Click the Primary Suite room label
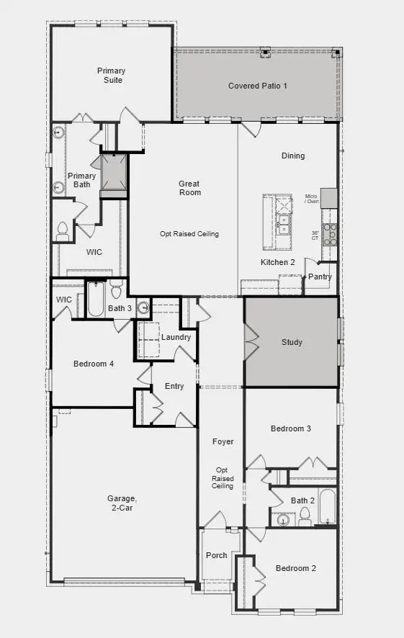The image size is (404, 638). point(111,75)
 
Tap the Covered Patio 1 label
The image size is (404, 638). point(257,86)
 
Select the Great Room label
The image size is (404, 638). point(189,188)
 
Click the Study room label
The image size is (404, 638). point(292,342)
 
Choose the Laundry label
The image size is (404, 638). point(176,337)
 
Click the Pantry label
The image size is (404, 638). point(320,277)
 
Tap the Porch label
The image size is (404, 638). point(216,555)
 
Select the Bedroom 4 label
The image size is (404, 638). point(94,364)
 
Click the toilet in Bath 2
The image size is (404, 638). point(305,514)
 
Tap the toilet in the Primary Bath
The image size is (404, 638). point(63,230)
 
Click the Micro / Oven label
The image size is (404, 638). point(311,199)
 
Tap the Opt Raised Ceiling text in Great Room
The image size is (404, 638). point(189,234)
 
